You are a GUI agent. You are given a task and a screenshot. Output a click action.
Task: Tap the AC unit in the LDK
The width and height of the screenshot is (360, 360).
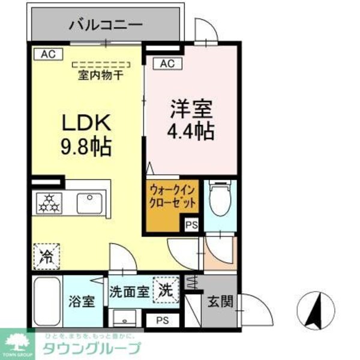click(x=47, y=54)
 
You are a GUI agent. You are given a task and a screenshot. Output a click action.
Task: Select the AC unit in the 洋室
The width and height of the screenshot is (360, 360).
click(x=167, y=62)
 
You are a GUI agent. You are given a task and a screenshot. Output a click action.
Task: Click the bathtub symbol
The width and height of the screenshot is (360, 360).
click(x=47, y=301)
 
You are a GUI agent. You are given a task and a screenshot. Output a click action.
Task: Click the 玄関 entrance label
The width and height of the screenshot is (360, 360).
click(x=220, y=301)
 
